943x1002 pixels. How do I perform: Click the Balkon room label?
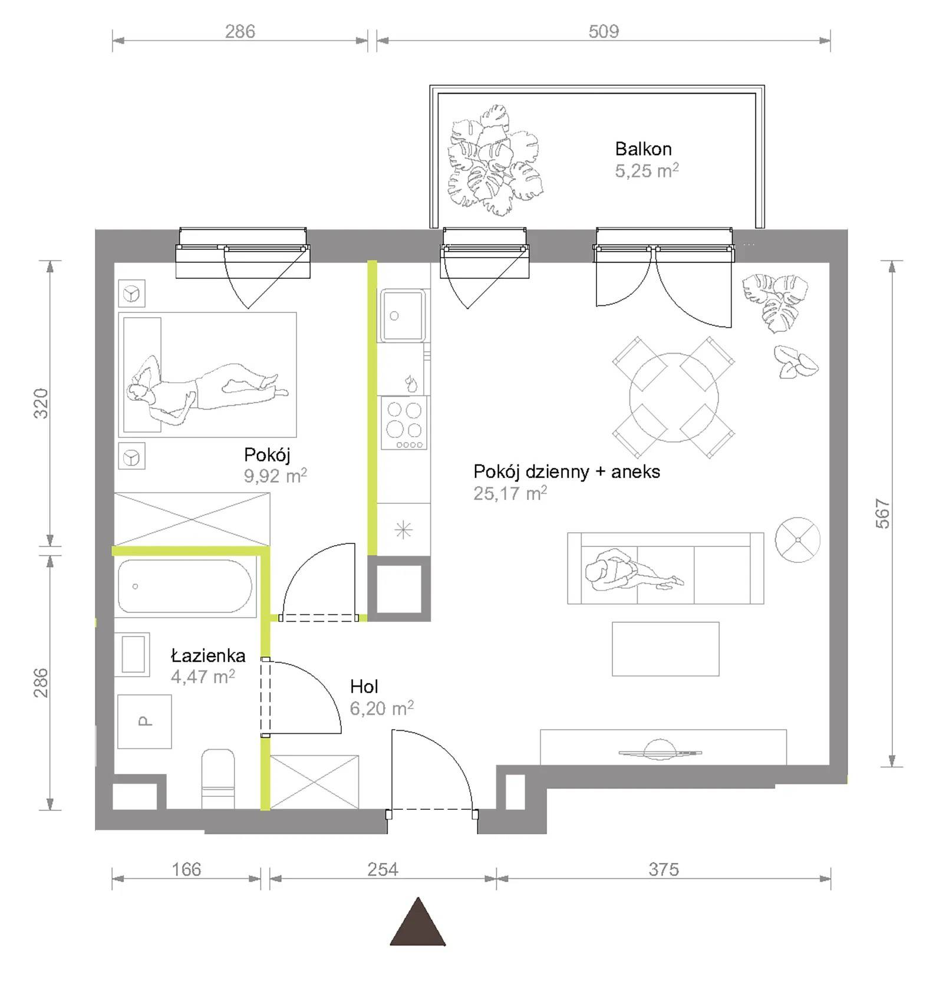(643, 149)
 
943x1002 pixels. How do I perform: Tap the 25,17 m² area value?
(510, 493)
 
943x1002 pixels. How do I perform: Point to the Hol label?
(364, 686)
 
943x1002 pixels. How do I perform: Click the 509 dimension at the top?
(604, 31)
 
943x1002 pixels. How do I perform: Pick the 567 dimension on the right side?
(882, 513)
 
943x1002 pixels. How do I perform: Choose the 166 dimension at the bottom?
(186, 869)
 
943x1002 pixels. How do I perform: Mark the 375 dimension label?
(664, 869)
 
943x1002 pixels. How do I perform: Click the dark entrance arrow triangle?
(418, 923)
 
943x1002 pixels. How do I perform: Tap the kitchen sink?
(403, 315)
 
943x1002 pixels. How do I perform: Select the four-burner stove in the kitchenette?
(404, 423)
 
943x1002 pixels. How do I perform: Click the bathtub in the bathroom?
(185, 586)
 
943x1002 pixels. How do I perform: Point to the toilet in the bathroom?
(218, 779)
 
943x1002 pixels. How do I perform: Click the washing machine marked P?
(144, 721)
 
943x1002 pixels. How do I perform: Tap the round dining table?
(674, 397)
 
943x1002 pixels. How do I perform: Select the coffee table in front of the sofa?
(665, 649)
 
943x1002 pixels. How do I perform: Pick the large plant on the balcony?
(494, 160)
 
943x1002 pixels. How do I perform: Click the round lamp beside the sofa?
(797, 540)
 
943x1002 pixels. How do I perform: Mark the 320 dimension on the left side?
(41, 403)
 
